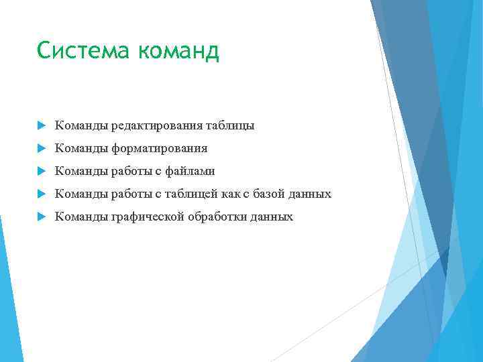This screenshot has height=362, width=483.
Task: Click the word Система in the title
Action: pyautogui.click(x=77, y=50)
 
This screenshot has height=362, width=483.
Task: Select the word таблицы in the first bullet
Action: pyautogui.click(x=230, y=126)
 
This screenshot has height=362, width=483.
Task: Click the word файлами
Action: pyautogui.click(x=191, y=172)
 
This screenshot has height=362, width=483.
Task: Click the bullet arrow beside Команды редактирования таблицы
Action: pyautogui.click(x=41, y=126)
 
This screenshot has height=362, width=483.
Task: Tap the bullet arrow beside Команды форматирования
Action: pyautogui.click(x=41, y=149)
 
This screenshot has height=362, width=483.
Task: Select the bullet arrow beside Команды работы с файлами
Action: pyautogui.click(x=41, y=172)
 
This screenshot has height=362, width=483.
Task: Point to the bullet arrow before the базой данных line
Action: pyautogui.click(x=41, y=194)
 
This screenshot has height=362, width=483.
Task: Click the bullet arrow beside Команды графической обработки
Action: pyautogui.click(x=41, y=217)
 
